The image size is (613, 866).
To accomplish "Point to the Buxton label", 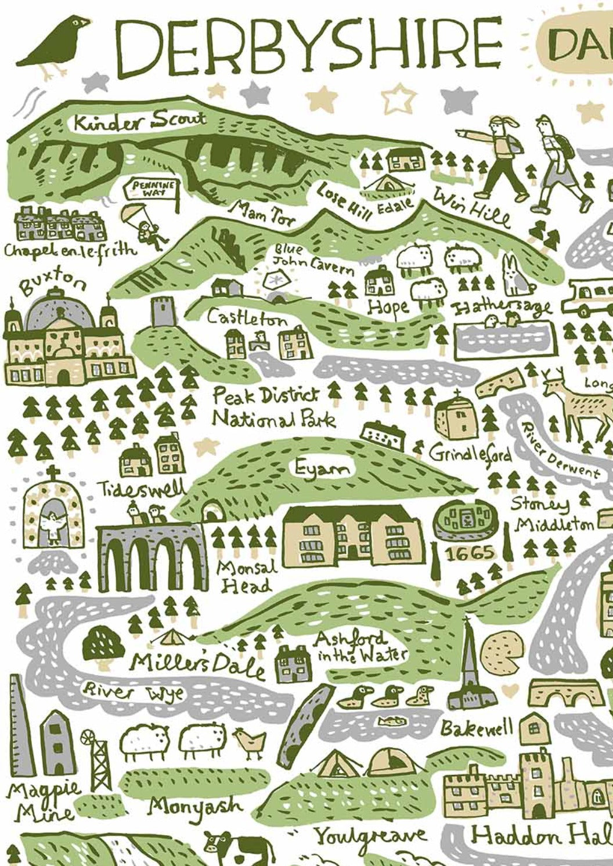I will coord(53,283).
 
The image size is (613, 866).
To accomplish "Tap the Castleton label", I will coord(247,317).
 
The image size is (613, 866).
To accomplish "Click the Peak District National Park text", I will coord(273,407).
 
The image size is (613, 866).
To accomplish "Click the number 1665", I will coord(470,553).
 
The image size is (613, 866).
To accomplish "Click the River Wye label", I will coord(133,691).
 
